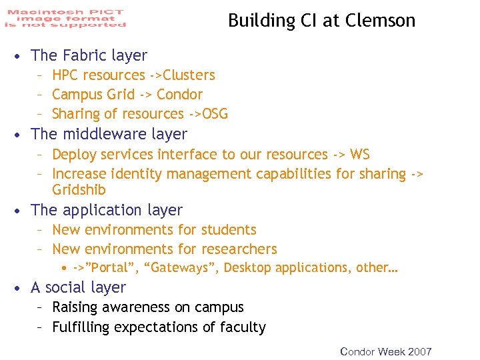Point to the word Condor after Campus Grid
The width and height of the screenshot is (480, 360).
point(179,95)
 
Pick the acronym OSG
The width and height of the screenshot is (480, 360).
point(215,114)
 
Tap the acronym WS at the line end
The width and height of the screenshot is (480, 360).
point(360,155)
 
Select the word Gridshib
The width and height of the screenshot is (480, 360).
point(79,190)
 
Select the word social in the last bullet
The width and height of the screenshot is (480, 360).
point(67,287)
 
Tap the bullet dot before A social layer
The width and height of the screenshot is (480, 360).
point(22,288)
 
